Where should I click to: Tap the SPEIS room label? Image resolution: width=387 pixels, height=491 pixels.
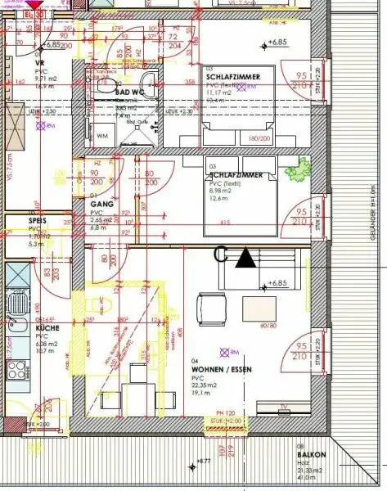coord(36,221)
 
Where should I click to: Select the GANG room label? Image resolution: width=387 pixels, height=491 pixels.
coord(101,204)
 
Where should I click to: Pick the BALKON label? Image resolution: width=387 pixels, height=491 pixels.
coord(317,453)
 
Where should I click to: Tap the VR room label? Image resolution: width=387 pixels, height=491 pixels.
coord(38,63)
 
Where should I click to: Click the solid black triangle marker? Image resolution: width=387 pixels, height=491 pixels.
coord(245,258)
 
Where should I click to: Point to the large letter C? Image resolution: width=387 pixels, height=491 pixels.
coord(220,255)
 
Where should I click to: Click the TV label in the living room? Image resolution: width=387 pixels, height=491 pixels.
coord(282,406)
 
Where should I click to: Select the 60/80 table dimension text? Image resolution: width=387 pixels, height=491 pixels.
coord(268,326)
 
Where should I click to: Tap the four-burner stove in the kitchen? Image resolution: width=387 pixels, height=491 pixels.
coord(18,278)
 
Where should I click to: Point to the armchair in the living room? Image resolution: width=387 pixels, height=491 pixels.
coord(209,310)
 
